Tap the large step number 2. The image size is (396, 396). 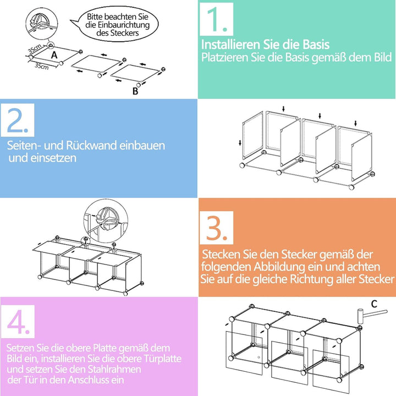(19, 122)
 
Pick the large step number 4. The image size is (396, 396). (19, 320)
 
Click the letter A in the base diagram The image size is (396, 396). (54, 55)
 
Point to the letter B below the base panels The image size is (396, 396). (135, 91)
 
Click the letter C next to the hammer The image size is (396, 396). (374, 303)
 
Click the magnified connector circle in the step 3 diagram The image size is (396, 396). (102, 219)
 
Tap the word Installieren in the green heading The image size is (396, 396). (230, 45)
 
